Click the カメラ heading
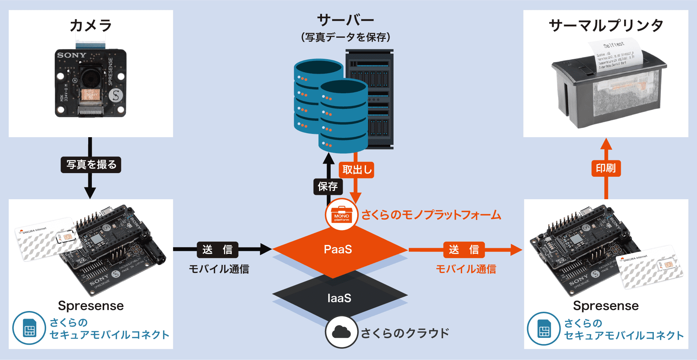coord(91,26)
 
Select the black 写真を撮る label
coord(91,165)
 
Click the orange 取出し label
coord(356,170)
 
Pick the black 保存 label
coord(328,187)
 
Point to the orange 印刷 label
coord(606,168)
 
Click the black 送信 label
coord(217,250)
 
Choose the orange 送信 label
coord(464,250)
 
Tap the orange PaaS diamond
coord(338,250)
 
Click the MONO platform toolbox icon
coord(341,214)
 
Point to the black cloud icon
coord(341,332)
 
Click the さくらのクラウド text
coord(405,333)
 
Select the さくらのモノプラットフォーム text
coord(431,215)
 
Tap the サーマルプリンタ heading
coord(606,26)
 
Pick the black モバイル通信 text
coord(219,269)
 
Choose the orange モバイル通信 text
coord(466,269)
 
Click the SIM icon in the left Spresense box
coord(29,328)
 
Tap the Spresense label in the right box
coord(606,306)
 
